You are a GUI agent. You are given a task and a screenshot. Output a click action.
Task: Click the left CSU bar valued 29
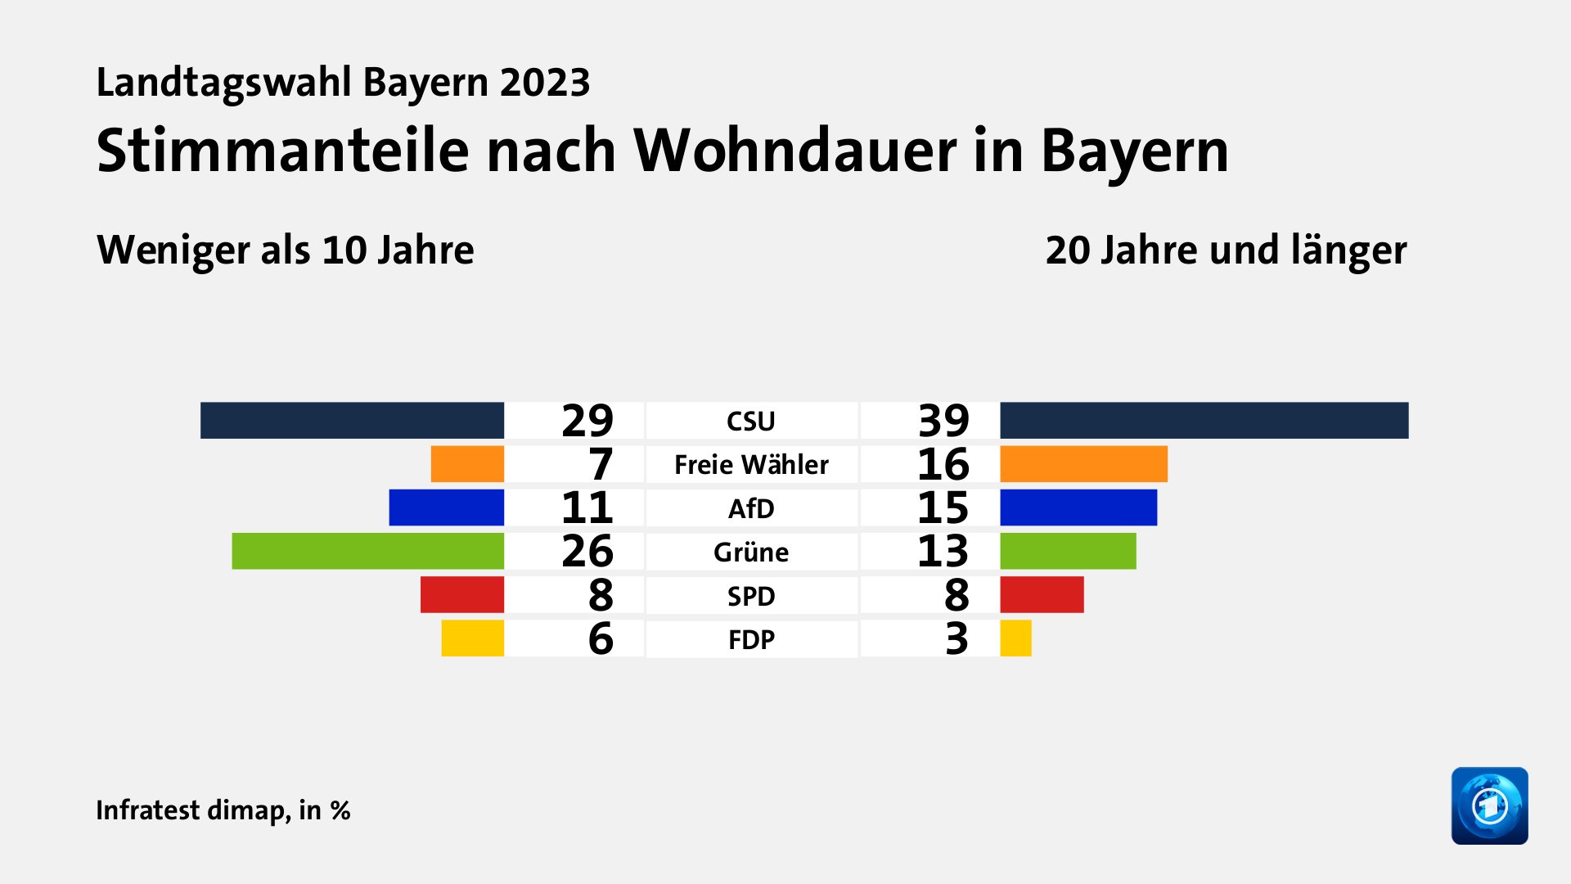(352, 420)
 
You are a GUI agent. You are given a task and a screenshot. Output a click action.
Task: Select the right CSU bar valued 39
(1204, 420)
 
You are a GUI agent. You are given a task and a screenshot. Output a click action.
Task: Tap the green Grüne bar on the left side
(367, 551)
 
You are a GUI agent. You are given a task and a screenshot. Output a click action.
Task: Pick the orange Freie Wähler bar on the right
(1083, 464)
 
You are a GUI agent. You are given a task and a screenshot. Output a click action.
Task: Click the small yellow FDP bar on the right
(1015, 638)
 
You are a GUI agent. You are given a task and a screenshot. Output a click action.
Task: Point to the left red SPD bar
(461, 595)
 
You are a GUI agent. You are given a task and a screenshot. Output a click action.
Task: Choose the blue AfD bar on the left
(446, 507)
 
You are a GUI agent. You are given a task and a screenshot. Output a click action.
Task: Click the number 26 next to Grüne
(587, 551)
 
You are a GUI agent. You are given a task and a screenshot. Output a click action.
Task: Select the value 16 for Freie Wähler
(943, 464)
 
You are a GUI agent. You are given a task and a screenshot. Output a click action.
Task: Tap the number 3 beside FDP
(956, 638)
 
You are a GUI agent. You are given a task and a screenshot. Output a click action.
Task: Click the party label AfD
(751, 508)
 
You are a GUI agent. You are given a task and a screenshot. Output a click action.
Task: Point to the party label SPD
(751, 596)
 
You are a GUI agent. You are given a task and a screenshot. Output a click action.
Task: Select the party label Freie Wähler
(751, 465)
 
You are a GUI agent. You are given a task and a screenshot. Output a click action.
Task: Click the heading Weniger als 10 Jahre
(285, 250)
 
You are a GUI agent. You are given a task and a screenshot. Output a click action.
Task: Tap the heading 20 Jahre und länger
(1226, 250)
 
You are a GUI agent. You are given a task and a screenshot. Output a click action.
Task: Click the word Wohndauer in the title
(794, 151)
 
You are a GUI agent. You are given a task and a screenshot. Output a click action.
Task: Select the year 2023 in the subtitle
(545, 83)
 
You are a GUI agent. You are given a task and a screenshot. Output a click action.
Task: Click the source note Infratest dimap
(192, 810)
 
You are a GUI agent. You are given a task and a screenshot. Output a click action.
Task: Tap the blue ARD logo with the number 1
(1489, 805)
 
